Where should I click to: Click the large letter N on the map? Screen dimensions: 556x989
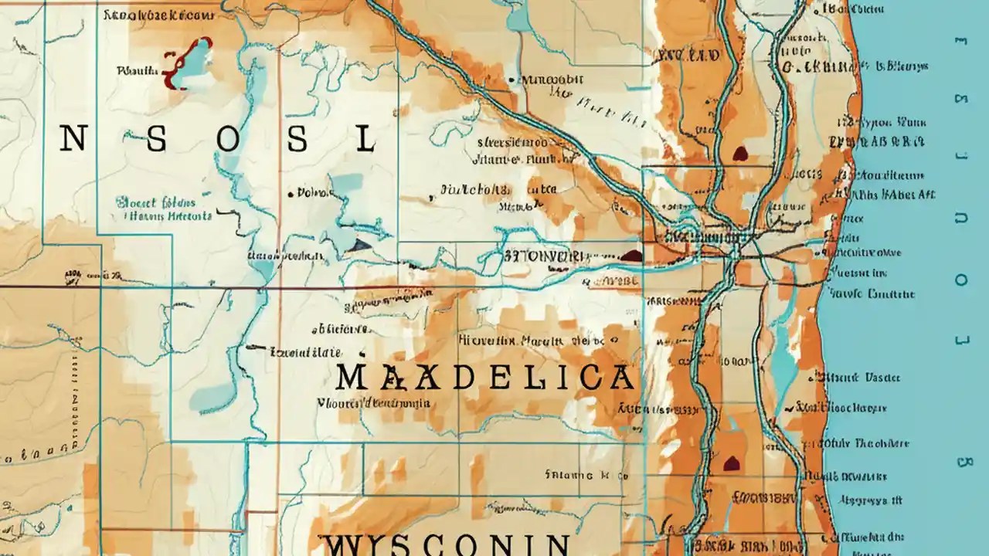(x=72, y=139)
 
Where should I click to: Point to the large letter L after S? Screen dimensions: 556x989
(x=365, y=139)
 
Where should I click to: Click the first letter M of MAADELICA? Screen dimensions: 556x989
(x=352, y=377)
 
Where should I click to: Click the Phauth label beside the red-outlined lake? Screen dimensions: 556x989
(x=136, y=71)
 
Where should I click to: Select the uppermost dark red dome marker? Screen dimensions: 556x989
(x=740, y=154)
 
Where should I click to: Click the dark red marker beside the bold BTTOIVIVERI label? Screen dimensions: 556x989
(x=631, y=256)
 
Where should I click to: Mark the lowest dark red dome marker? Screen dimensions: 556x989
(x=731, y=463)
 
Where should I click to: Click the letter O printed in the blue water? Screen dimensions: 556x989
(x=961, y=280)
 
